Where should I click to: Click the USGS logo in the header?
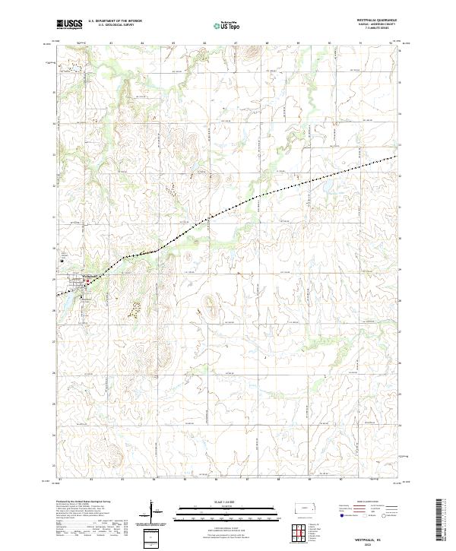coord(69,24)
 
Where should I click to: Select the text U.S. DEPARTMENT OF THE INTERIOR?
coord(115,21)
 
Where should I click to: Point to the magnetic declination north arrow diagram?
coord(151,513)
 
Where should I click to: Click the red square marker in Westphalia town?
coord(87,281)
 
